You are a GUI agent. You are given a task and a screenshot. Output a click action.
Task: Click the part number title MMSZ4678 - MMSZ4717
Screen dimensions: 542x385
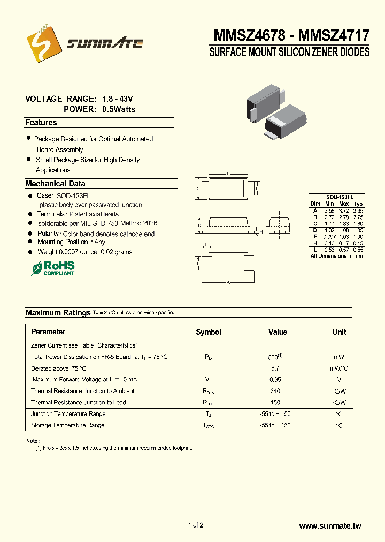pyautogui.click(x=291, y=36)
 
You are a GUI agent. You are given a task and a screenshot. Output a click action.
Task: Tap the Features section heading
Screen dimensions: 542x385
pyautogui.click(x=41, y=123)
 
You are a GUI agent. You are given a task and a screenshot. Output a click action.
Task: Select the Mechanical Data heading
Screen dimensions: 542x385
pyautogui.click(x=55, y=184)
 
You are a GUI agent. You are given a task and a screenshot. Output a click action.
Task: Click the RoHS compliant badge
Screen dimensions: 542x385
pyautogui.click(x=53, y=268)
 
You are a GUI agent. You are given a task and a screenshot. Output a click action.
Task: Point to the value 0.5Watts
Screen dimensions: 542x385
pyautogui.click(x=119, y=109)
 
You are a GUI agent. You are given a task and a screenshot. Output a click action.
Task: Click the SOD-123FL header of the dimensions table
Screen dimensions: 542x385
pyautogui.click(x=336, y=197)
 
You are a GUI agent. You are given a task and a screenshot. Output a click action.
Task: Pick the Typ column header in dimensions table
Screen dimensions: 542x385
pyautogui.click(x=358, y=204)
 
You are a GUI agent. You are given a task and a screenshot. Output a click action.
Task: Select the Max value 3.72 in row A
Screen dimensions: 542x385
pyautogui.click(x=344, y=210)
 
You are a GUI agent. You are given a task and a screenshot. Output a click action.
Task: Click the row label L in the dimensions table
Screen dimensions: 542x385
pyautogui.click(x=315, y=250)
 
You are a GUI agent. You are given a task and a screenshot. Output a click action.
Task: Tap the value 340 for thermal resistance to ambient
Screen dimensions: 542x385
pyautogui.click(x=275, y=391)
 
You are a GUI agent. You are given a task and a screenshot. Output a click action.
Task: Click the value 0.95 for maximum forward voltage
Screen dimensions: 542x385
pyautogui.click(x=275, y=379)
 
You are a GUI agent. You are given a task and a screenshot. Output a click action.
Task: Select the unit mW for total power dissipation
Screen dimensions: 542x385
pyautogui.click(x=339, y=357)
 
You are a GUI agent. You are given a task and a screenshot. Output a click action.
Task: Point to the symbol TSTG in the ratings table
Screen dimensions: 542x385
pyautogui.click(x=208, y=426)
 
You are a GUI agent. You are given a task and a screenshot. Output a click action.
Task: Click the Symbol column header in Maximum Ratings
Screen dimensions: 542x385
pyautogui.click(x=208, y=332)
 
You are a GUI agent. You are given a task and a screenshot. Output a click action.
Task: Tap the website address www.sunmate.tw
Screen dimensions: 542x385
pyautogui.click(x=330, y=526)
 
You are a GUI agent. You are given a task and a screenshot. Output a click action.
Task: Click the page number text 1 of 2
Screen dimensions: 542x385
pyautogui.click(x=196, y=525)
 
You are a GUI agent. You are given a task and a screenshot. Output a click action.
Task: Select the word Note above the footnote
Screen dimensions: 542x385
pyautogui.click(x=32, y=441)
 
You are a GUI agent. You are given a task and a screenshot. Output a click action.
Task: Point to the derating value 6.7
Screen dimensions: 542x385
pyautogui.click(x=275, y=368)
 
